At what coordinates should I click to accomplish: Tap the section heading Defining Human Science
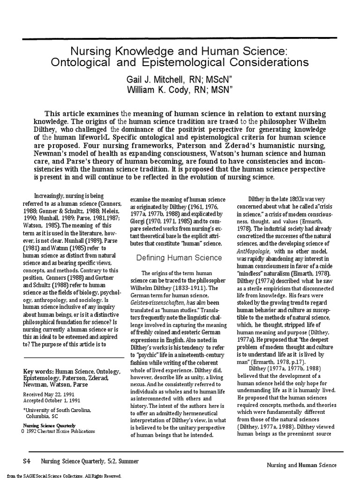coord(179,257)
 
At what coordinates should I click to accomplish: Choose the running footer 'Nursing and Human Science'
coord(301,465)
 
